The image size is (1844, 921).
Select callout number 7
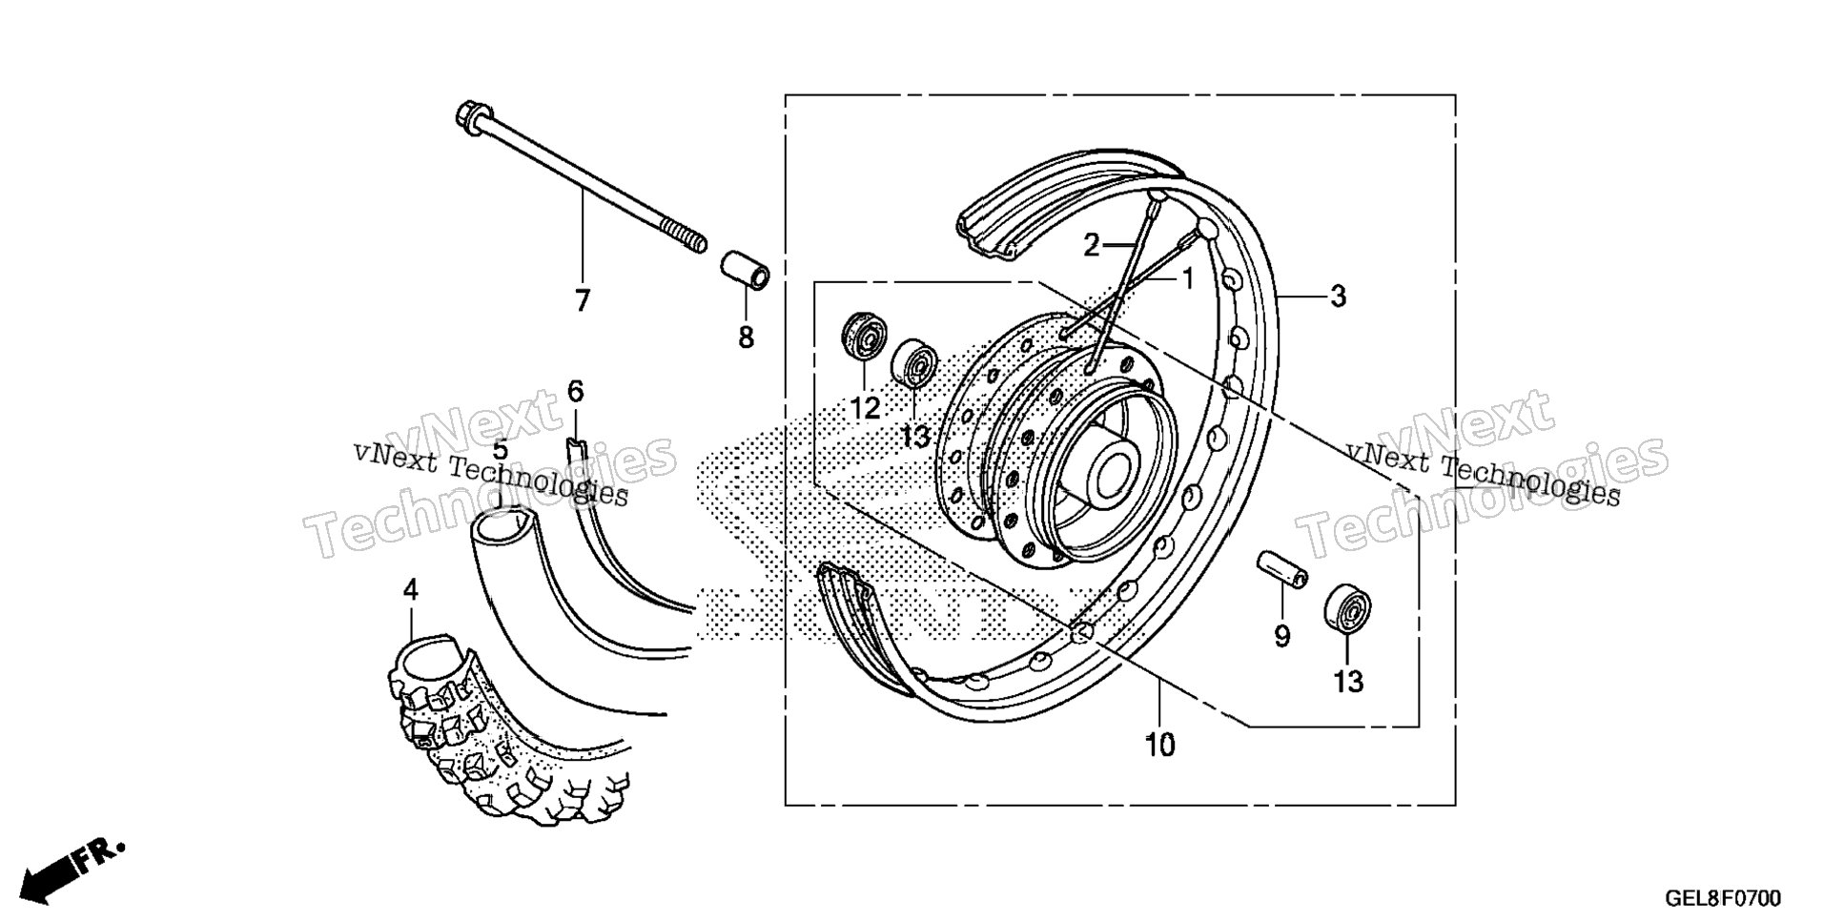pos(582,300)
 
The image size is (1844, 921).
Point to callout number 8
pos(746,337)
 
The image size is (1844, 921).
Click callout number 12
pos(864,409)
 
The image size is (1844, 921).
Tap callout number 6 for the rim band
pos(575,391)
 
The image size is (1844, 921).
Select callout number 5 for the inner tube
pos(500,450)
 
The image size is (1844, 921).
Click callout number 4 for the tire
pos(410,590)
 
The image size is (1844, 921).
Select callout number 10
pos(1160,745)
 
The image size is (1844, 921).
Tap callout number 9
pos(1281,636)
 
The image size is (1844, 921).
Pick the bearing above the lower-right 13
pos(1347,608)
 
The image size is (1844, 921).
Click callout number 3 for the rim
pos(1338,297)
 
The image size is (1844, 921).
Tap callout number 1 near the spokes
pos(1187,278)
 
